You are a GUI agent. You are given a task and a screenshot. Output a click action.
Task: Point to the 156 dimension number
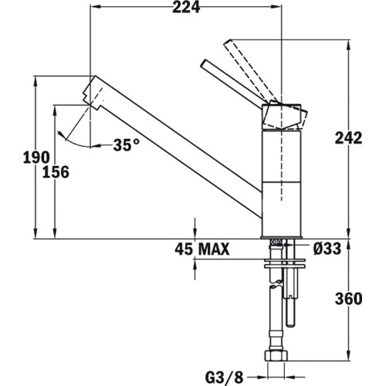(56, 171)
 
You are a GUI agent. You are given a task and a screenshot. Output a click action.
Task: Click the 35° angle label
(127, 144)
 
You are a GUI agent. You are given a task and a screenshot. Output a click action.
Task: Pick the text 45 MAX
(201, 249)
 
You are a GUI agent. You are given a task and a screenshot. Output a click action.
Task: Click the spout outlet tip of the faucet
(91, 93)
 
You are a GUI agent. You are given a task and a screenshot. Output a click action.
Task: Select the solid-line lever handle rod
(232, 82)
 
